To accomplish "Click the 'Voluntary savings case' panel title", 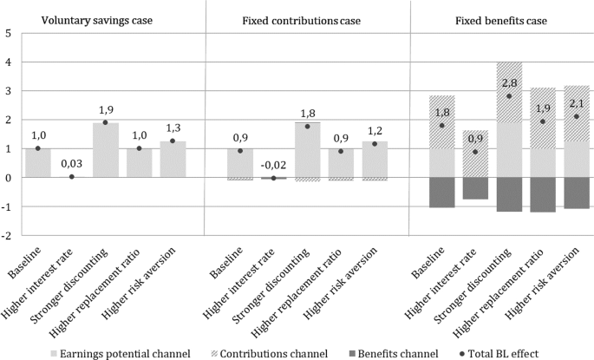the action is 97,20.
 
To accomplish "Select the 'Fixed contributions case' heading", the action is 302,21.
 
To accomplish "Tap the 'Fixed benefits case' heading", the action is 501,21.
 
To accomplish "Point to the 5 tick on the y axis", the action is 8,33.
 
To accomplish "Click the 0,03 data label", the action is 72,164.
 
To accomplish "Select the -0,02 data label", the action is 273,165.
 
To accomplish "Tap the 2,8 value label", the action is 509,83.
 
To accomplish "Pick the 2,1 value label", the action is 577,102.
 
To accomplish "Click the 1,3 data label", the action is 173,128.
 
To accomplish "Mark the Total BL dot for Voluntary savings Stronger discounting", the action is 105,122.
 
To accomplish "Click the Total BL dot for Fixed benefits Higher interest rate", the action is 475,152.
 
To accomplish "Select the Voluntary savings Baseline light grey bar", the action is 38,163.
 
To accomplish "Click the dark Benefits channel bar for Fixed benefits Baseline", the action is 441,193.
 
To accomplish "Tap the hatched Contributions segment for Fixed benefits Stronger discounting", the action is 509,93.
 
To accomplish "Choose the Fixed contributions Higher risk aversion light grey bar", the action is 375,159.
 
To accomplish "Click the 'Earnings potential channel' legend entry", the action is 121,354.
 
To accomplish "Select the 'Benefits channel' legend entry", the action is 393,354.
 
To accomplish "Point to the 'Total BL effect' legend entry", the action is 499,354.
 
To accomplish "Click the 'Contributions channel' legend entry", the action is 269,354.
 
